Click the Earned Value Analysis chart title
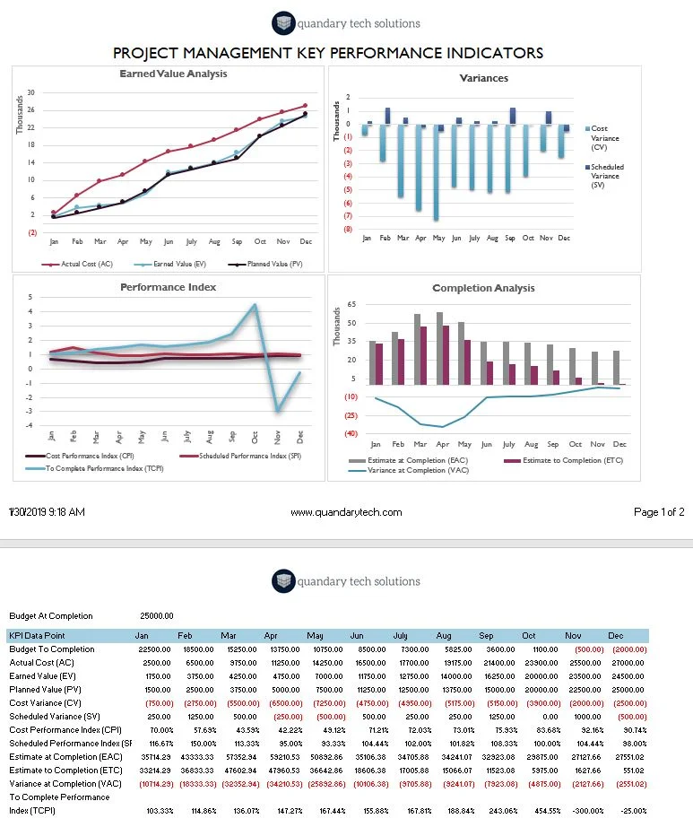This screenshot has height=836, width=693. [x=173, y=74]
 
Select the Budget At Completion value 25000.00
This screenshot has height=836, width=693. [x=157, y=616]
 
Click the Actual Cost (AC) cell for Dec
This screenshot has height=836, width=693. [x=627, y=662]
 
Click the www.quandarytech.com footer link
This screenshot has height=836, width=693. [x=346, y=512]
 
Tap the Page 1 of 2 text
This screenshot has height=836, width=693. [x=659, y=512]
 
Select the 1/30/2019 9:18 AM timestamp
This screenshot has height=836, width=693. [x=47, y=512]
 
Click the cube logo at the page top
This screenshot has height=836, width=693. [x=283, y=24]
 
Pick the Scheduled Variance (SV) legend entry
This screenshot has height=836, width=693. [x=607, y=177]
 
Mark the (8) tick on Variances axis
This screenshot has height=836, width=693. [x=347, y=229]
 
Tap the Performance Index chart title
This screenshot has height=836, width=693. [x=169, y=287]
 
